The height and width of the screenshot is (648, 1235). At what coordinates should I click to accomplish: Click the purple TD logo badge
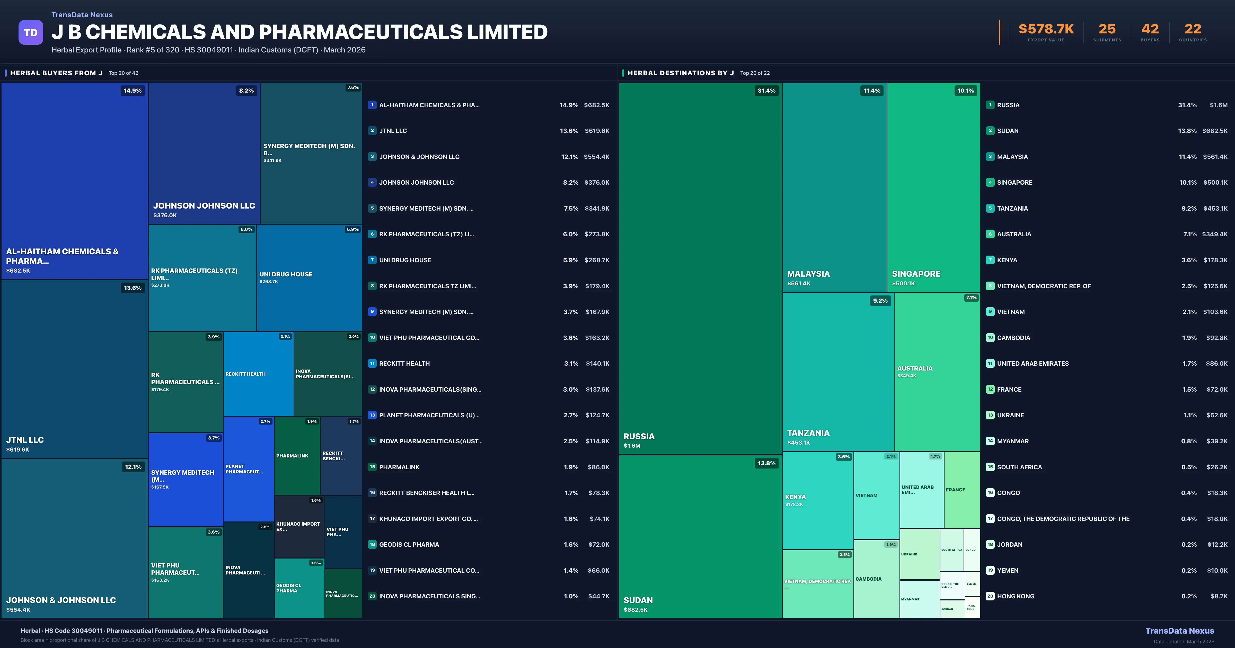point(31,33)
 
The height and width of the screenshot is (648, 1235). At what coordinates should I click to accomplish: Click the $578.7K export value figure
point(1046,29)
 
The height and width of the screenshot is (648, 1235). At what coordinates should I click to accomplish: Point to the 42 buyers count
point(1150,29)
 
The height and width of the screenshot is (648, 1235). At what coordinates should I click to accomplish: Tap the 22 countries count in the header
point(1193,29)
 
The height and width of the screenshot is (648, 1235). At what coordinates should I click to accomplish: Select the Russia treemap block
point(700,268)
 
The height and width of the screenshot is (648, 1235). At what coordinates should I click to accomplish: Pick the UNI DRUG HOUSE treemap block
point(309,278)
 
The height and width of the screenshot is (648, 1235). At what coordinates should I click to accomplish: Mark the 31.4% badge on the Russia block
point(766,91)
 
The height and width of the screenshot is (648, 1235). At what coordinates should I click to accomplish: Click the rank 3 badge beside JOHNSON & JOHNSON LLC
point(372,157)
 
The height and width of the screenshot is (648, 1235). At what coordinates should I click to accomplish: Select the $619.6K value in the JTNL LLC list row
point(597,131)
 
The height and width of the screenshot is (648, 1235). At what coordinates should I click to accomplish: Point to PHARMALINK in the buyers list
point(399,467)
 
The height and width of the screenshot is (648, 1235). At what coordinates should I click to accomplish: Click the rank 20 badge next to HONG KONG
point(990,596)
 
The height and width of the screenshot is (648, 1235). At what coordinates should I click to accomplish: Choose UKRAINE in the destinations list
point(1010,415)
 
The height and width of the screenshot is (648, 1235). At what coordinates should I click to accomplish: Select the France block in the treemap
point(962,490)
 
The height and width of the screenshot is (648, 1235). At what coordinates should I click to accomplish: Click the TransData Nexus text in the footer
point(1179,631)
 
